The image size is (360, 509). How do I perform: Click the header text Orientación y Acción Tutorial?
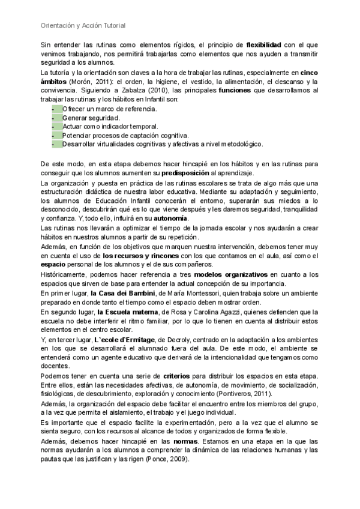pos(83,26)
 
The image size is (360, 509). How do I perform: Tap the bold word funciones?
pos(239,90)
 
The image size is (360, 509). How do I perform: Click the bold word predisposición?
pos(212,173)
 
